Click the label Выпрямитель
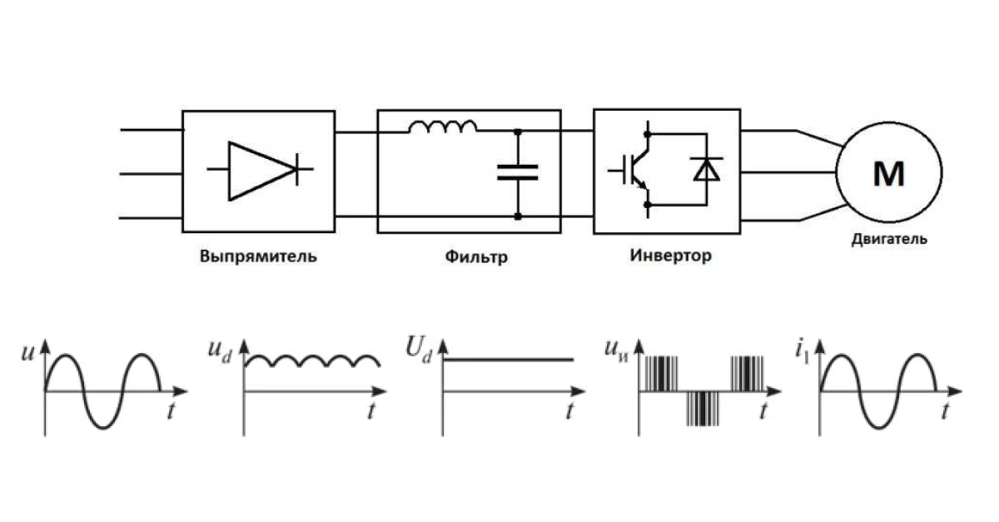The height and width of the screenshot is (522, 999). [258, 256]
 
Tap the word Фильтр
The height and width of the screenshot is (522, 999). [476, 257]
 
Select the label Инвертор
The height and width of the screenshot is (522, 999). [671, 256]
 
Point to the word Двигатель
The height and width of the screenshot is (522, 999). [889, 240]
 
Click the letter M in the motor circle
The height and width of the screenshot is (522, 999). [889, 174]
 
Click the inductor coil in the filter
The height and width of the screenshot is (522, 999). [442, 127]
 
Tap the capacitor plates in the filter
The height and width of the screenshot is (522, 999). [517, 172]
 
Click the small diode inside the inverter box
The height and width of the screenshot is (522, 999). [707, 170]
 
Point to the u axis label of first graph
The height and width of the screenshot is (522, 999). [27, 353]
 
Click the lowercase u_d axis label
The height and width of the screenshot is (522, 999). [221, 351]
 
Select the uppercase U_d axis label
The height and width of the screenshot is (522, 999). [419, 350]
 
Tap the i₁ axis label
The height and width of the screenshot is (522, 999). [803, 351]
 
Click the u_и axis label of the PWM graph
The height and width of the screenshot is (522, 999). [616, 350]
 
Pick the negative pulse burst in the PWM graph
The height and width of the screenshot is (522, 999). [703, 408]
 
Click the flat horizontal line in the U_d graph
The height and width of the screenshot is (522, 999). [508, 359]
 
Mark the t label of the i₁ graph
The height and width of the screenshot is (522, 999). [945, 411]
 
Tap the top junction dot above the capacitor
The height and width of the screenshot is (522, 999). [518, 132]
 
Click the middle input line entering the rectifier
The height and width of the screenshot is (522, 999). [152, 174]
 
